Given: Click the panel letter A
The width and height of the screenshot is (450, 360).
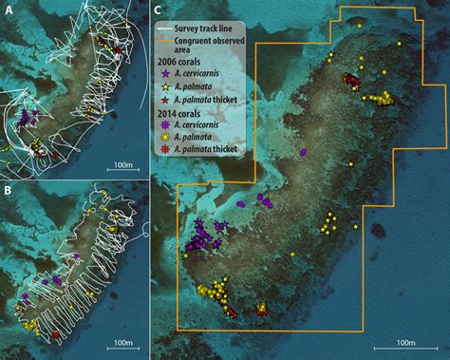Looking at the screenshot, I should [9, 9].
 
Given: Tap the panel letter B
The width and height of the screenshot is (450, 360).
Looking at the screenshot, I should [9, 190].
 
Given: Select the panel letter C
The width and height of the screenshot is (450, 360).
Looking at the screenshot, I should [158, 9].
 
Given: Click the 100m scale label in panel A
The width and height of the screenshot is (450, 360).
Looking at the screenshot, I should [122, 165].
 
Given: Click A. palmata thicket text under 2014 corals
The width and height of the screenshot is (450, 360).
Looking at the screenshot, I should [210, 149].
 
